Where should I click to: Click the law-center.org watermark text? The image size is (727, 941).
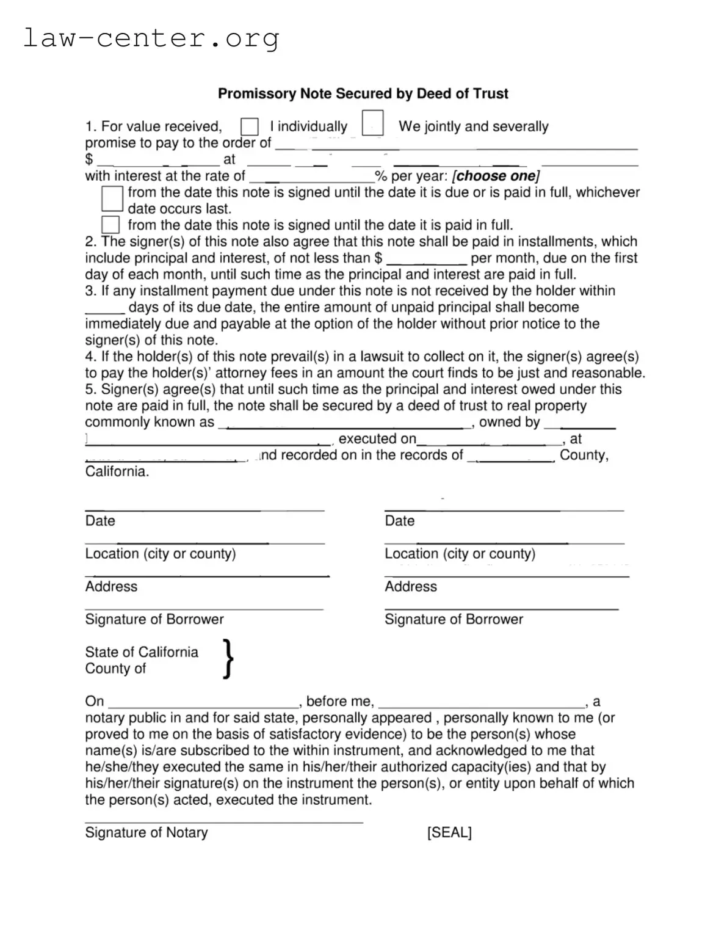(x=151, y=38)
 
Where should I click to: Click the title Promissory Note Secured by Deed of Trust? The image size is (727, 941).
(x=363, y=93)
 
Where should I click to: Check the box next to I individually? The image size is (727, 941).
(x=249, y=126)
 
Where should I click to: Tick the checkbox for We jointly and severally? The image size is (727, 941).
(x=372, y=123)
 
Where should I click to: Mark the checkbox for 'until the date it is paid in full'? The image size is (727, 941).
(x=110, y=225)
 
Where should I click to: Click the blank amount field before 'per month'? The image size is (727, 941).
(x=427, y=259)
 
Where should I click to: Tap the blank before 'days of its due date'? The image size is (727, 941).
(x=105, y=309)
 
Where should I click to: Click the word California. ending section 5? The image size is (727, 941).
(x=117, y=471)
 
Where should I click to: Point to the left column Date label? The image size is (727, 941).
(x=100, y=521)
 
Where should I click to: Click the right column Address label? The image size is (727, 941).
(x=410, y=586)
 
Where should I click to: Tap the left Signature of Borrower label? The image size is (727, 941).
(x=154, y=619)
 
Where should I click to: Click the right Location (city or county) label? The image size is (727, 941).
(x=460, y=554)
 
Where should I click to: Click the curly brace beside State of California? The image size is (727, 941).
(x=228, y=659)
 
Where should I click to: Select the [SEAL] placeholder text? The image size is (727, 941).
(x=449, y=832)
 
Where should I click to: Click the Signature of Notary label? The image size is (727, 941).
(x=146, y=832)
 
